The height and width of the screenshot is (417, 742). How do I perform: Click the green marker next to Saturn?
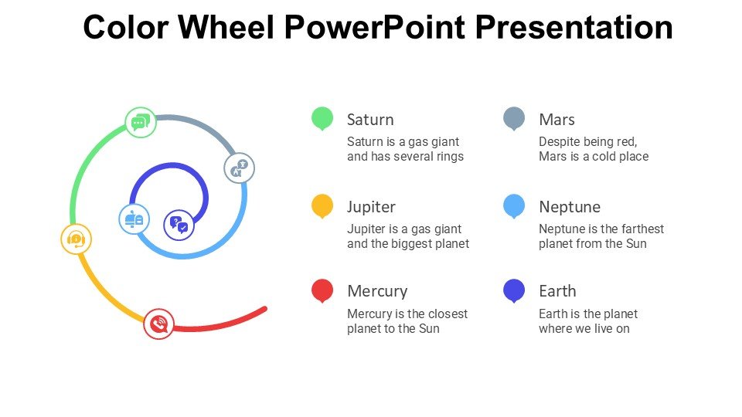322,118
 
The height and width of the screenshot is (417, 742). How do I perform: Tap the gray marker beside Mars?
514,118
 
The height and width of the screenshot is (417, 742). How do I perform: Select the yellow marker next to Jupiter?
322,205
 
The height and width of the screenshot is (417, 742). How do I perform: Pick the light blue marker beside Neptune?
514,205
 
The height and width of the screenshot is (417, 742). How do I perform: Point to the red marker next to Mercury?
322,290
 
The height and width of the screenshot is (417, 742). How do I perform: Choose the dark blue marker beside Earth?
514,290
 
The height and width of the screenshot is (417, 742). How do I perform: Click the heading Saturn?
370,120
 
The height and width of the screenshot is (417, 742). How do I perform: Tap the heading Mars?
556,120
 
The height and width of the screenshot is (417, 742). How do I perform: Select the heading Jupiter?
371,207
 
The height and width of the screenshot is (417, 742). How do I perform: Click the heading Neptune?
570,207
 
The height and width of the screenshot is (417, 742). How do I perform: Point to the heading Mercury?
377,291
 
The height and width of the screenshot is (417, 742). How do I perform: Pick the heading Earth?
557,291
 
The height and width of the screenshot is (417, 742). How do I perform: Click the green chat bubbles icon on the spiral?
141,122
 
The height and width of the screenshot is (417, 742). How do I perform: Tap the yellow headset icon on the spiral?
76,239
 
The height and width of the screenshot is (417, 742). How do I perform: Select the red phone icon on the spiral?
159,324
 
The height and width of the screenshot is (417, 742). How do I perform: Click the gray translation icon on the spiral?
239,168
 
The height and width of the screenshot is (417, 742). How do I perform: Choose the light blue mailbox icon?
134,219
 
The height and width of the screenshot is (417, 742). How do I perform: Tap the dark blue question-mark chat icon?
179,225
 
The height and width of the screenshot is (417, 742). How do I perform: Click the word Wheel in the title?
226,28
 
